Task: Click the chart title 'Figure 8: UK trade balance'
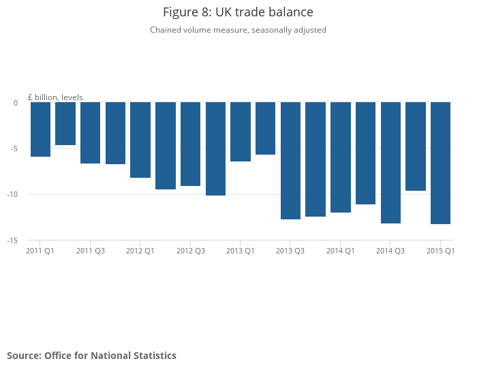click(x=238, y=12)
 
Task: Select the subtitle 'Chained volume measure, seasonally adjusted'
click(x=238, y=30)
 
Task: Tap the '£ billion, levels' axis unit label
click(x=55, y=97)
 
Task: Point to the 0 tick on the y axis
click(x=16, y=103)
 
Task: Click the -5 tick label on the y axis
click(x=14, y=149)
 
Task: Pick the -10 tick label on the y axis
click(x=13, y=194)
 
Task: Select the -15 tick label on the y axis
click(x=13, y=240)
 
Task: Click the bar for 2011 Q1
click(x=40, y=129)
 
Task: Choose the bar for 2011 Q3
click(x=90, y=133)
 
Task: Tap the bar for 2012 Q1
click(x=140, y=140)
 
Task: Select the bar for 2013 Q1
click(x=241, y=131)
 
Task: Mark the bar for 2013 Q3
click(x=290, y=161)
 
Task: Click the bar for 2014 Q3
click(x=390, y=163)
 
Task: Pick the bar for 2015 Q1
click(x=440, y=163)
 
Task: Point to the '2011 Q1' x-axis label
click(x=40, y=251)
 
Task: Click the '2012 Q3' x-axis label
click(x=191, y=251)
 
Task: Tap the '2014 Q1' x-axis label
click(x=341, y=251)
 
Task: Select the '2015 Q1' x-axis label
click(x=440, y=251)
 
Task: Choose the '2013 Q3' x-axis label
click(x=290, y=251)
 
